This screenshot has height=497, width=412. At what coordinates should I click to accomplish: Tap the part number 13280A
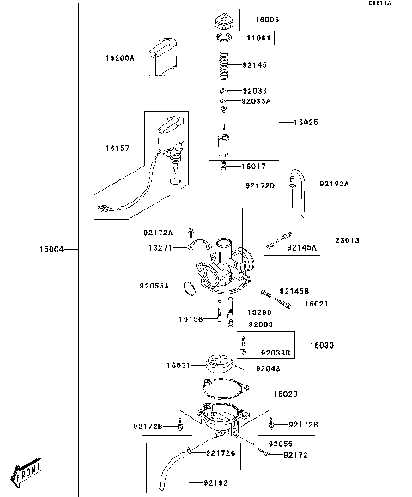tap(120, 58)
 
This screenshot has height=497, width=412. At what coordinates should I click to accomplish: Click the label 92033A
tap(256, 100)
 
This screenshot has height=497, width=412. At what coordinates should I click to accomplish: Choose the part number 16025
tap(306, 123)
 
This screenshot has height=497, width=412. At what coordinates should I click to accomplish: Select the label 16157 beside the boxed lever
tap(117, 148)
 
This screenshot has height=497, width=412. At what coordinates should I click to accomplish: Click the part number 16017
tap(253, 166)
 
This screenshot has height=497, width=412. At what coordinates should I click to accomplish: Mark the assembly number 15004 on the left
tap(51, 249)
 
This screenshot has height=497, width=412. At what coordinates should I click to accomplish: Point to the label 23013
tap(347, 240)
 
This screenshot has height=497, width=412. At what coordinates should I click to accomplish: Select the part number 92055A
tap(154, 286)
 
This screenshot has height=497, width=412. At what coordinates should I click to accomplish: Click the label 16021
tap(317, 303)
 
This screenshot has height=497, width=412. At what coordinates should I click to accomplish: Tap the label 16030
tap(322, 344)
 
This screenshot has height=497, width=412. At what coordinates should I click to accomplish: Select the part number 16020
tap(286, 394)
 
